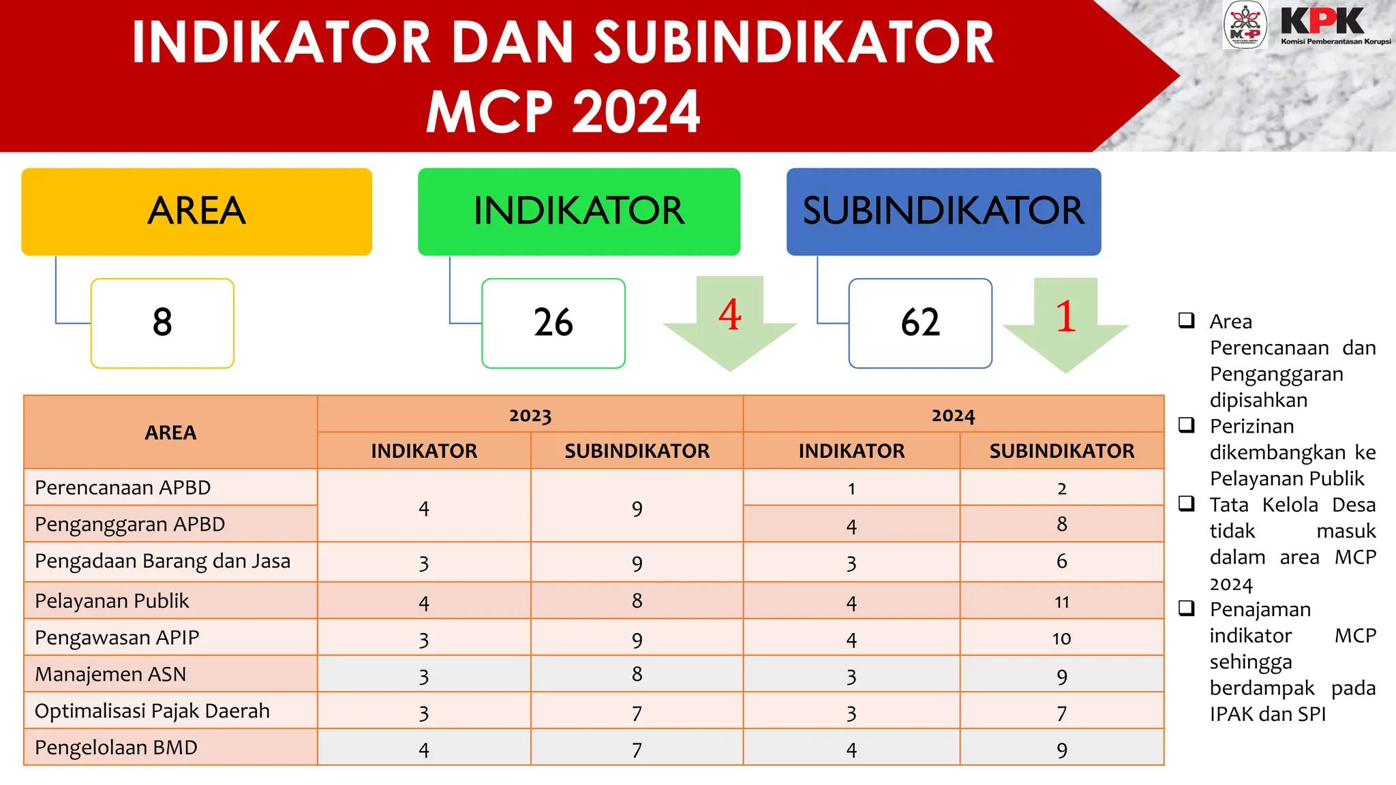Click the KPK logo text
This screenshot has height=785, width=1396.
(1322, 21)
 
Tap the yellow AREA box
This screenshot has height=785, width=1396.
(196, 211)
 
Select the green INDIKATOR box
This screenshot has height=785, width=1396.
(579, 211)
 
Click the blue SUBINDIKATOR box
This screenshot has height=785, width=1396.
(943, 211)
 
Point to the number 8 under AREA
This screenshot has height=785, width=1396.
(162, 323)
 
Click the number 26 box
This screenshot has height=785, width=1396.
(553, 323)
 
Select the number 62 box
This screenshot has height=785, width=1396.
(920, 323)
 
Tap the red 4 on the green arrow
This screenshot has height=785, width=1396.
(729, 315)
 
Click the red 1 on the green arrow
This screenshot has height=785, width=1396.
(1065, 317)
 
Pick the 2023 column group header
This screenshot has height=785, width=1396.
(530, 414)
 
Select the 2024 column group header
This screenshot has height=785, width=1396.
(953, 414)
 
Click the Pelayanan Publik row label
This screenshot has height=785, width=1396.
(112, 601)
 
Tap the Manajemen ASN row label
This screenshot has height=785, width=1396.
(110, 675)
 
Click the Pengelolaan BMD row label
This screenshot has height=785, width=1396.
(116, 748)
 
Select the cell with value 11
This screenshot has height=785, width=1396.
(1061, 602)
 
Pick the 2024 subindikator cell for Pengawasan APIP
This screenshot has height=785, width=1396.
(1061, 638)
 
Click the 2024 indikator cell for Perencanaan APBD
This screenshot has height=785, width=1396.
(851, 488)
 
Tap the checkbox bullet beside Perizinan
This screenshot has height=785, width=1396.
(1187, 425)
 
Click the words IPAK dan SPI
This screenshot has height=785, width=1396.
(1267, 714)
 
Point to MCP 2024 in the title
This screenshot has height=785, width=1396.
(563, 112)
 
